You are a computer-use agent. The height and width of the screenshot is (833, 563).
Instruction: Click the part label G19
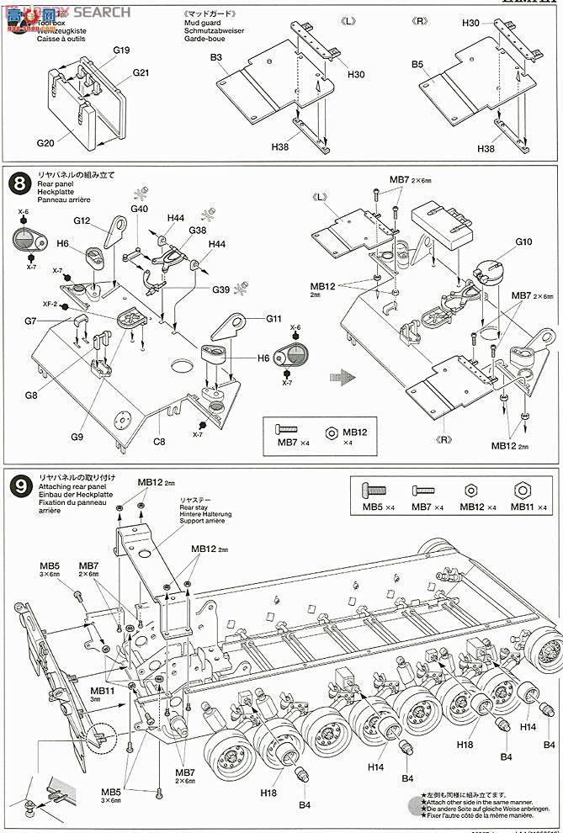tap(121, 51)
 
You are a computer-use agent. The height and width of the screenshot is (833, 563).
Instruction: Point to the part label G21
tap(140, 73)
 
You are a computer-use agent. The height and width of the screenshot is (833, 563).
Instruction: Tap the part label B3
tap(216, 56)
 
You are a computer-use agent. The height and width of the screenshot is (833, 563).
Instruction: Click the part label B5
tap(418, 64)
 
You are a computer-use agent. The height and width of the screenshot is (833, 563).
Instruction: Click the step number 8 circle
tap(16, 182)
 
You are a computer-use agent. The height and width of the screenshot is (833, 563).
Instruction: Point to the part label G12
tap(82, 220)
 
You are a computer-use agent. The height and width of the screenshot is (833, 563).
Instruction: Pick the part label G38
tap(197, 230)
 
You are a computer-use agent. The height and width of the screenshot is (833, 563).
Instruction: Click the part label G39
tap(220, 289)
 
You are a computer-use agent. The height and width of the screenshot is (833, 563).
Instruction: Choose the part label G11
tap(274, 319)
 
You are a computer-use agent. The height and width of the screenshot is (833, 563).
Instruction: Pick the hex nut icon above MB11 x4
tap(523, 490)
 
